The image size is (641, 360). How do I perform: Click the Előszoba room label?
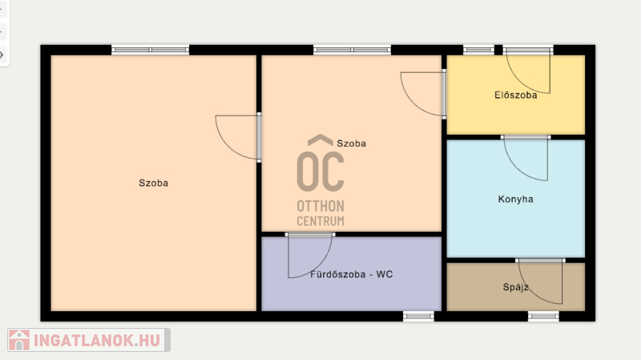pos(515,95)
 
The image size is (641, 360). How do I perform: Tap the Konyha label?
pos(515,199)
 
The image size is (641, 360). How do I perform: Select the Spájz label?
pos(515,287)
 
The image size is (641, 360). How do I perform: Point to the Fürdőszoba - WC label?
pos(352,274)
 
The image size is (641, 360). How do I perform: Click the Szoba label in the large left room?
pos(153,183)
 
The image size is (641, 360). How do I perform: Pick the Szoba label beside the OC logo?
pos(351,144)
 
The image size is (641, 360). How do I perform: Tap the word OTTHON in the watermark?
pos(320,206)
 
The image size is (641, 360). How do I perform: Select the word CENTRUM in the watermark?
pos(320,221)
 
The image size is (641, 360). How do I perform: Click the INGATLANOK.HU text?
pos(97,341)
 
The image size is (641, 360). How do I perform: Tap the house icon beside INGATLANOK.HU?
pos(18,340)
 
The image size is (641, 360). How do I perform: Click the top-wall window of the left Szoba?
pos(150,50)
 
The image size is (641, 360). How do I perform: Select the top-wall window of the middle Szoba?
pos(352,50)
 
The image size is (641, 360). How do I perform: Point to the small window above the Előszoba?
pos(478,50)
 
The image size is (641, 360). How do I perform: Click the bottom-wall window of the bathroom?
pos(418,316)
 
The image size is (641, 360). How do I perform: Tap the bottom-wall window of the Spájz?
pos(543,316)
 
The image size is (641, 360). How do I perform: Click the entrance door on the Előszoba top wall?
pos(528,70)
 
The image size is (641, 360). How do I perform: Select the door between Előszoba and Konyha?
pos(526,157)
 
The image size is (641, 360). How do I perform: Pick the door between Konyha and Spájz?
pos(540,281)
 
